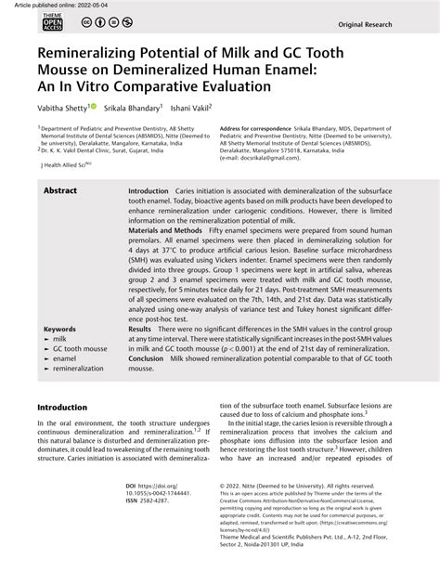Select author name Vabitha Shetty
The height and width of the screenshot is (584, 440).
point(67,107)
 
